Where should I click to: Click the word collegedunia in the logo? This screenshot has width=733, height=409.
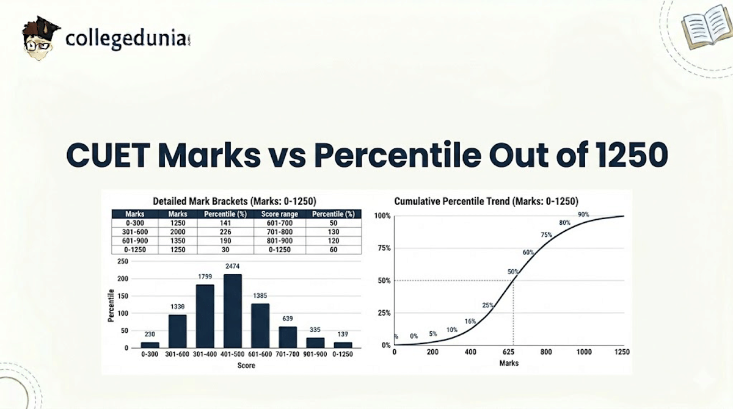coord(125,39)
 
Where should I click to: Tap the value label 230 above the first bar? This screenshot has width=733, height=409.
coord(150,334)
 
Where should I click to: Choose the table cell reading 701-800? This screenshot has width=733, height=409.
coord(277,232)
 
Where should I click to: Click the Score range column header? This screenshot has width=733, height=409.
coord(277,214)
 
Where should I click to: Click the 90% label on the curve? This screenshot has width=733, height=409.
coord(583,214)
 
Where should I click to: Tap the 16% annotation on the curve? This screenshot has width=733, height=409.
coord(470,321)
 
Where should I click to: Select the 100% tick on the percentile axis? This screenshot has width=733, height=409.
coord(382,216)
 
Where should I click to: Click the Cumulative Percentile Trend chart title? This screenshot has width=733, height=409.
coord(486,201)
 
